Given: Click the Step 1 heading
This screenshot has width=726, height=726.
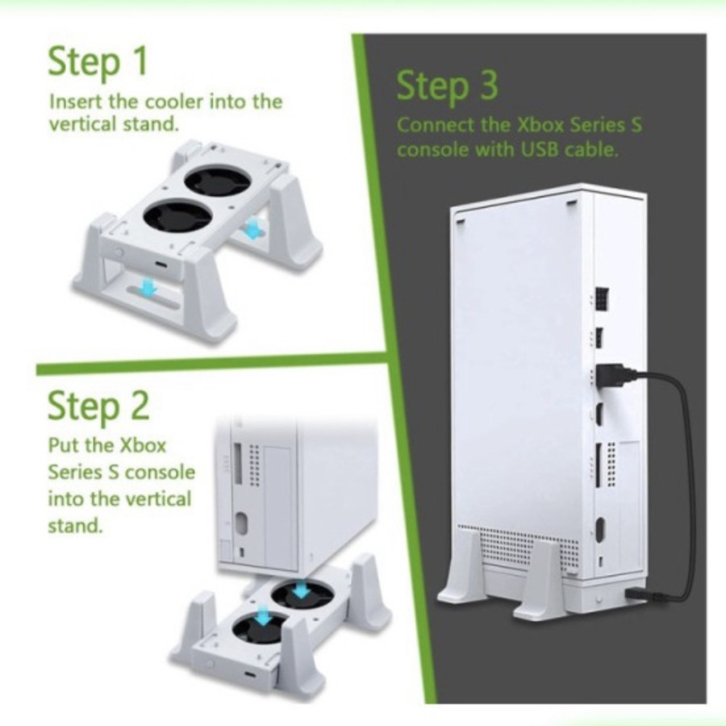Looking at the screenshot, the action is point(98,61).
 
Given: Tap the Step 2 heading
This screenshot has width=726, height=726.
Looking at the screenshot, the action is point(98,405).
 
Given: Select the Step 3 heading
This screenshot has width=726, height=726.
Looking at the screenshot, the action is point(447,86).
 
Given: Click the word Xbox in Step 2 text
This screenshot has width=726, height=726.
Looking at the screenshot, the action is point(143,445).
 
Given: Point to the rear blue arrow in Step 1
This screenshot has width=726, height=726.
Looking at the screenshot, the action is point(252,229).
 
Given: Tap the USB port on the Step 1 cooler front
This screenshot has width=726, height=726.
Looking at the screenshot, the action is point(162,265).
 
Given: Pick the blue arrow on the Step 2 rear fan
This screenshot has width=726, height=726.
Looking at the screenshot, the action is point(301,589).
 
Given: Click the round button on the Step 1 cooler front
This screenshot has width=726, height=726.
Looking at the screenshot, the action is point(120,252).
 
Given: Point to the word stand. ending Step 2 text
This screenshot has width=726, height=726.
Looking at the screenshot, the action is point(74,525).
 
